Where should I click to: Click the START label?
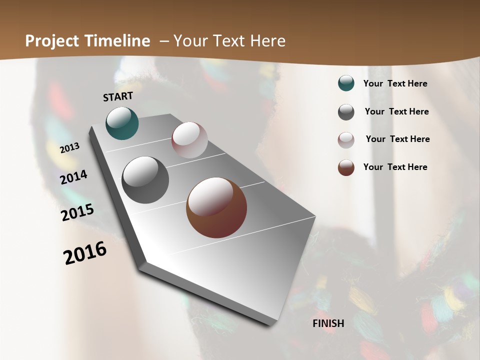click(x=118, y=96)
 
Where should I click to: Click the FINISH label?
click(x=328, y=323)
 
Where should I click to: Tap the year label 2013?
click(x=70, y=148)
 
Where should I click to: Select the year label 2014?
click(x=73, y=177)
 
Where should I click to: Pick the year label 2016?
click(x=85, y=253)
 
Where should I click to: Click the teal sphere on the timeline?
click(x=122, y=123)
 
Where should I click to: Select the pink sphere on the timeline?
click(x=189, y=140)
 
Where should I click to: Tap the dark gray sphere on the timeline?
click(x=145, y=180)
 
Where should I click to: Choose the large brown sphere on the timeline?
click(x=216, y=207)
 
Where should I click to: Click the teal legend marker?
click(x=346, y=83)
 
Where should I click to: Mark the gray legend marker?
click(x=346, y=112)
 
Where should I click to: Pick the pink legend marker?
click(x=346, y=140)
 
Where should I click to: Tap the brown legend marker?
click(x=346, y=167)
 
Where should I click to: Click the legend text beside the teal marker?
click(x=395, y=83)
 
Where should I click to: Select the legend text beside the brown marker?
click(x=395, y=167)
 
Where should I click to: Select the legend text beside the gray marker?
click(x=396, y=111)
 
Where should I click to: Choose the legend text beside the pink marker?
click(x=397, y=139)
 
